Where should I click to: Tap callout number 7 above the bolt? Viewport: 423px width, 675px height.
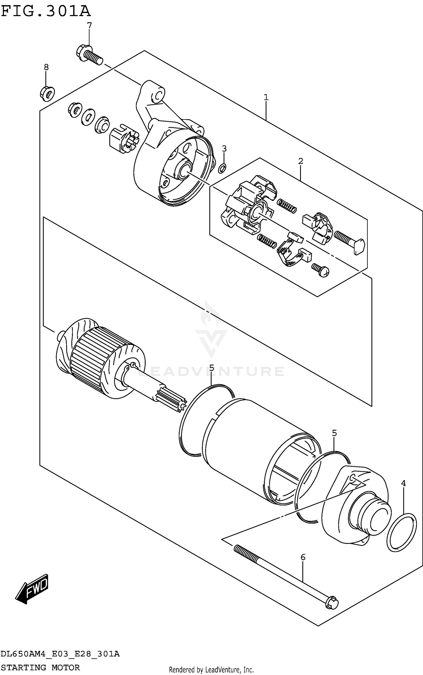pyautogui.click(x=89, y=26)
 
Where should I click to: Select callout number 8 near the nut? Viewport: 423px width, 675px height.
pyautogui.click(x=46, y=67)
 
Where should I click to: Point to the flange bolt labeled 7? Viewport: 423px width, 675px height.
pyautogui.click(x=89, y=56)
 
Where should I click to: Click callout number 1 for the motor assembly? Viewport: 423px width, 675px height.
pyautogui.click(x=266, y=98)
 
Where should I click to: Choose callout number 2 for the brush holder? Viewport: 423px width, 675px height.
pyautogui.click(x=301, y=161)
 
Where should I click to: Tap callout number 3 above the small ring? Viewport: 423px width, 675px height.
pyautogui.click(x=224, y=148)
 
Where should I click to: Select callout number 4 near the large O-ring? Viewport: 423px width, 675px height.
pyautogui.click(x=404, y=483)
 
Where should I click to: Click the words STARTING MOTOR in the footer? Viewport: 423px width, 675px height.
pyautogui.click(x=41, y=667)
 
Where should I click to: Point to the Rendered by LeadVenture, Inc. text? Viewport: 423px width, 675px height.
pyautogui.click(x=211, y=670)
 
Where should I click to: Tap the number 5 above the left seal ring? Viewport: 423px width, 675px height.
pyautogui.click(x=212, y=368)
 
